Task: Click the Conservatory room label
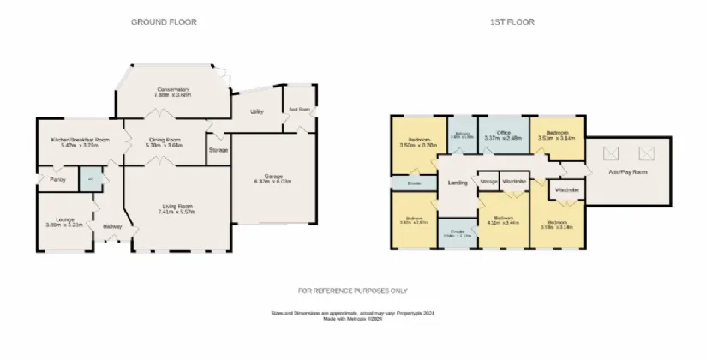[x=172, y=89]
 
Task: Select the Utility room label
[x=256, y=112]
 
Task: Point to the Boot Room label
[x=299, y=110]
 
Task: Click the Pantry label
[x=57, y=179]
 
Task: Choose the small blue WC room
[x=90, y=179]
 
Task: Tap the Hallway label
[x=112, y=226]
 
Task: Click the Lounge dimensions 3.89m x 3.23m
[x=64, y=225]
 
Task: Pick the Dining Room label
[x=165, y=139]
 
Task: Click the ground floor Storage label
[x=218, y=150]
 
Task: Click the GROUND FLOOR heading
[x=164, y=21]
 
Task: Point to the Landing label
[x=457, y=183]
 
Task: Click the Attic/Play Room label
[x=627, y=172]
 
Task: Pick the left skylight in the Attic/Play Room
[x=611, y=153]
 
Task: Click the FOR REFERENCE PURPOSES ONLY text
[x=353, y=291]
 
